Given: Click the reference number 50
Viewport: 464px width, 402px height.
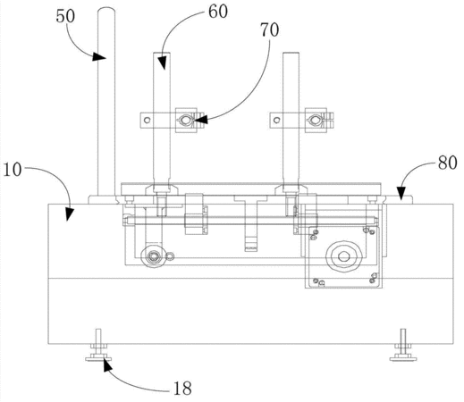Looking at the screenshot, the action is pyautogui.click(x=65, y=16).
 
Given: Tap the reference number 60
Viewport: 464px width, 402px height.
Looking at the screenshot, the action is pyautogui.click(x=218, y=12).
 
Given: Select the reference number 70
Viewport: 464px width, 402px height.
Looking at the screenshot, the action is pyautogui.click(x=270, y=30).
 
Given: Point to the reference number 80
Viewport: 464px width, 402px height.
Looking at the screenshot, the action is pyautogui.click(x=447, y=163).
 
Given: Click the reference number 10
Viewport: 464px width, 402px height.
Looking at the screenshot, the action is pyautogui.click(x=13, y=170).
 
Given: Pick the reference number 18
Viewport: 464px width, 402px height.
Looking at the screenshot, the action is pyautogui.click(x=182, y=389).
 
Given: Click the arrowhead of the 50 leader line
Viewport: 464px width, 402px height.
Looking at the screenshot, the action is pyautogui.click(x=99, y=57).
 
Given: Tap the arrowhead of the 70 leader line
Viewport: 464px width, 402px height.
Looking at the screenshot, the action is pyautogui.click(x=200, y=120).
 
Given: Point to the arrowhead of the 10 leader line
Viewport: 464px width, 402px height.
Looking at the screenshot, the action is pyautogui.click(x=70, y=214).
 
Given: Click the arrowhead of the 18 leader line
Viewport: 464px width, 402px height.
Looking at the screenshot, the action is pyautogui.click(x=106, y=364).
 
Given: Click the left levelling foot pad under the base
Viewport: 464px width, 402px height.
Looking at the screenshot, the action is pyautogui.click(x=98, y=359).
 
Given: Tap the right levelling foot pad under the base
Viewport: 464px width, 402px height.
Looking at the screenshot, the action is pyautogui.click(x=403, y=359).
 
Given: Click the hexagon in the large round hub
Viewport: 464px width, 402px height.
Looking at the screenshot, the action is pyautogui.click(x=344, y=255).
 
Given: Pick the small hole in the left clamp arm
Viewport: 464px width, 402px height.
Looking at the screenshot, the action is pyautogui.click(x=147, y=120).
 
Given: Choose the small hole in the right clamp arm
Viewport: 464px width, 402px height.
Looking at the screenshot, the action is pyautogui.click(x=277, y=120).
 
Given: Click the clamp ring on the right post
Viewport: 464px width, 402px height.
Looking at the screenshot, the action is pyautogui.click(x=315, y=120).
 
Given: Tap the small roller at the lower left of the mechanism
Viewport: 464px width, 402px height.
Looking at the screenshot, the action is pyautogui.click(x=153, y=256).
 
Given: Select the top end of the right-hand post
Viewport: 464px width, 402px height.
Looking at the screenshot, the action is pyautogui.click(x=291, y=54).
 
